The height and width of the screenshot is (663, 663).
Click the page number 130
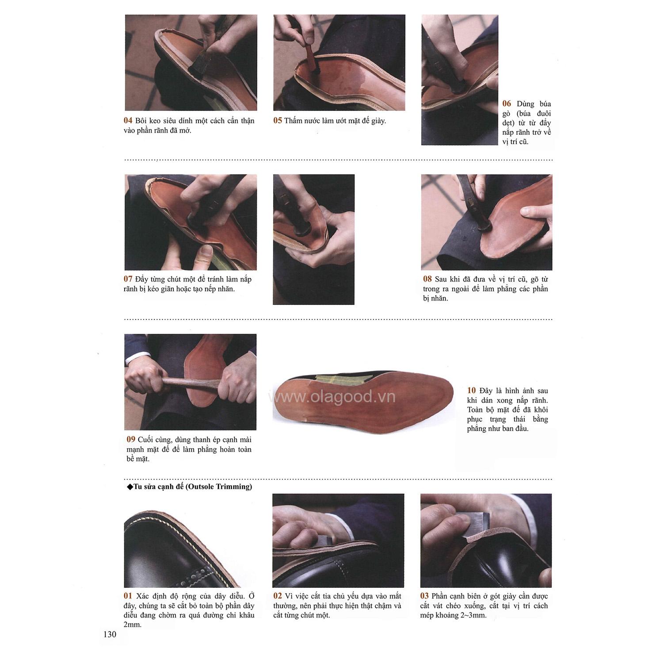click(x=110, y=635)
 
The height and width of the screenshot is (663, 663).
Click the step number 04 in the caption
click(x=128, y=121)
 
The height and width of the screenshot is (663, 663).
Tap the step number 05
click(x=277, y=121)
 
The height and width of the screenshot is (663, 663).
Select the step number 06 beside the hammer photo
click(x=507, y=104)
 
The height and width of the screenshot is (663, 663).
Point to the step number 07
click(x=128, y=279)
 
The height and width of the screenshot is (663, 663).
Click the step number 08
click(x=427, y=279)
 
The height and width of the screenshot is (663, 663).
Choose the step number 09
click(x=131, y=440)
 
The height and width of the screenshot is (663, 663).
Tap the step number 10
click(x=471, y=391)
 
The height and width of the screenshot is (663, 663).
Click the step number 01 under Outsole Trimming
click(x=128, y=596)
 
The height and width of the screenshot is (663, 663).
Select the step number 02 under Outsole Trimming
click(x=277, y=596)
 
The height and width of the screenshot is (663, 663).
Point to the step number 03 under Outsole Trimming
click(x=424, y=596)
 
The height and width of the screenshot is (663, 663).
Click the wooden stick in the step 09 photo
click(x=190, y=382)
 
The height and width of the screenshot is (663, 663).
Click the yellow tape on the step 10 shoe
click(x=329, y=379)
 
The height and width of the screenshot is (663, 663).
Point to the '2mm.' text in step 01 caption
click(x=133, y=625)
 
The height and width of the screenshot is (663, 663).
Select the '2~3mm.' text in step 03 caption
click(x=474, y=616)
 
